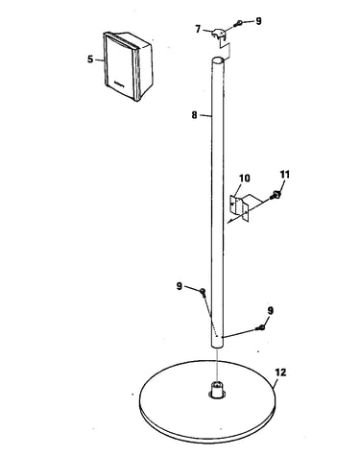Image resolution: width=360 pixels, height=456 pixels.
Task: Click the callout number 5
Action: tap(90, 60)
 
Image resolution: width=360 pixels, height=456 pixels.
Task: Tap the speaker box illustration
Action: tap(128, 66)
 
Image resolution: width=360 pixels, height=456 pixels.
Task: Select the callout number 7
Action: tap(198, 29)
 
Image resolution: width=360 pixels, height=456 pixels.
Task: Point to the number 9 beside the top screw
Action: tap(258, 21)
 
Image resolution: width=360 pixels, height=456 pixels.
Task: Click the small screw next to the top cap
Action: tap(239, 23)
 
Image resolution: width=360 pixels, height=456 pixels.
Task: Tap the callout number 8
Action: tap(194, 115)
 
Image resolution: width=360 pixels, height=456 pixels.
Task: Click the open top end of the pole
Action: tap(219, 60)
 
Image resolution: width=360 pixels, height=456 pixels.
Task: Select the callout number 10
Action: tap(245, 179)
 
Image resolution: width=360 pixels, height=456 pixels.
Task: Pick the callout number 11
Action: tap(285, 175)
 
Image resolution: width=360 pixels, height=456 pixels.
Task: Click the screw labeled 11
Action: tap(276, 194)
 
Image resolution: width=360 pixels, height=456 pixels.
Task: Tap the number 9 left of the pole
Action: tap(180, 286)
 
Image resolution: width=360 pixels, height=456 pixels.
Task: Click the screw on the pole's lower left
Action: tap(203, 292)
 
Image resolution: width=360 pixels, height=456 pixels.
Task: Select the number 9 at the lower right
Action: tap(271, 310)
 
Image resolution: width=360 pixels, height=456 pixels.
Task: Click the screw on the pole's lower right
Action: tap(261, 327)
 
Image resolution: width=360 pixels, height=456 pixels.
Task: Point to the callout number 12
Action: tap(280, 372)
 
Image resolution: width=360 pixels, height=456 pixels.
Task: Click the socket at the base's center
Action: tap(218, 391)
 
